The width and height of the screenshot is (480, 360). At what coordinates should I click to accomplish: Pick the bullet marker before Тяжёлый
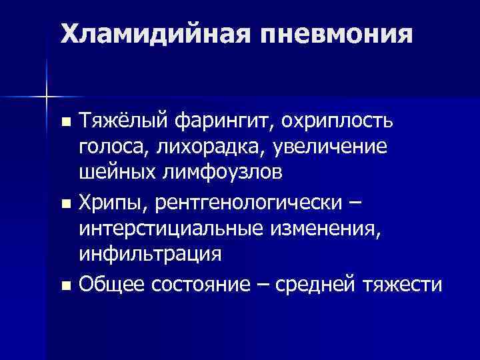65,123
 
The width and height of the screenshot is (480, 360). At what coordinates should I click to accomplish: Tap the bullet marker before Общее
65,285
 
